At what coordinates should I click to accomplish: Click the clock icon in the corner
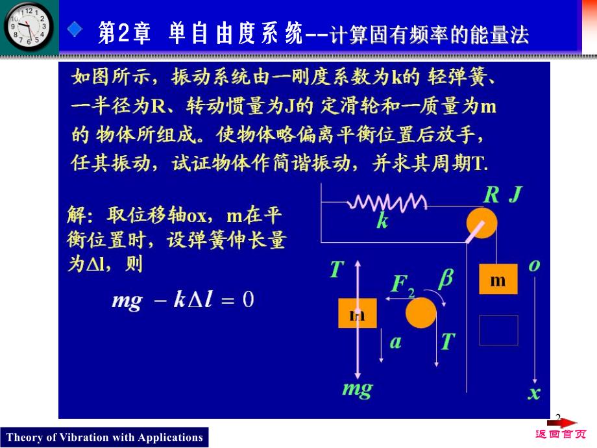pyautogui.click(x=29, y=27)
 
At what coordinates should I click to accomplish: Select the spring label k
pyautogui.click(x=382, y=221)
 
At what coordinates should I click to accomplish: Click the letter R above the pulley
pyautogui.click(x=491, y=195)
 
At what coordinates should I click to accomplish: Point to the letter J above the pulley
pyautogui.click(x=516, y=195)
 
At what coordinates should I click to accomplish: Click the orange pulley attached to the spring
pyautogui.click(x=481, y=223)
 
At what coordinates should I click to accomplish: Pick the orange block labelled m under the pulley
pyautogui.click(x=498, y=279)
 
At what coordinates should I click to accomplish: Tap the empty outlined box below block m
pyautogui.click(x=498, y=330)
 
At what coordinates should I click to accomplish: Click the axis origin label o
pyautogui.click(x=535, y=265)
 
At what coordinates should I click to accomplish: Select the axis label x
pyautogui.click(x=534, y=392)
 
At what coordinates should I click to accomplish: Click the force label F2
pyautogui.click(x=402, y=285)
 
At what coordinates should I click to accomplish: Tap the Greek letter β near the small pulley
pyautogui.click(x=446, y=279)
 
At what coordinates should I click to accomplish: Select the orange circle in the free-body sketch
pyautogui.click(x=421, y=313)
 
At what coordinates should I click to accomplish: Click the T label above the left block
pyautogui.click(x=336, y=269)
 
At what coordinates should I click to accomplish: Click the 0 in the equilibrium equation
pyautogui.click(x=247, y=299)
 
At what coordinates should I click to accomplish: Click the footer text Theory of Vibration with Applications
pyautogui.click(x=104, y=437)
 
